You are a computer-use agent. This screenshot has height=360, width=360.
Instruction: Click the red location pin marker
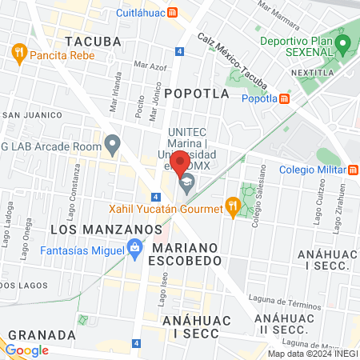(181, 163)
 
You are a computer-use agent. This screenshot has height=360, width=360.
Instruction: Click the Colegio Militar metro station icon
(354, 169)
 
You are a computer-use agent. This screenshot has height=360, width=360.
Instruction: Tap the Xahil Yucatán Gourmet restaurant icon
(232, 208)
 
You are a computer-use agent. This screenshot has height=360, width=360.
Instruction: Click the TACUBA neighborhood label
(94, 41)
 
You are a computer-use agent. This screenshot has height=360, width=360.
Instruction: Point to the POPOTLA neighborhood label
(197, 94)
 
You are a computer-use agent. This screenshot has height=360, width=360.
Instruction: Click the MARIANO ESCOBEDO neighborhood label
(183, 254)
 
